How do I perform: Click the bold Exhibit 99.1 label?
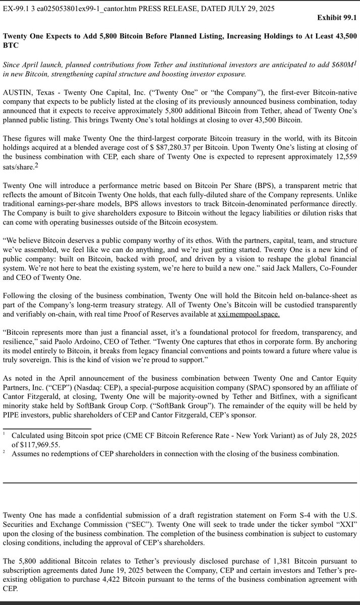tap(337, 18)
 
